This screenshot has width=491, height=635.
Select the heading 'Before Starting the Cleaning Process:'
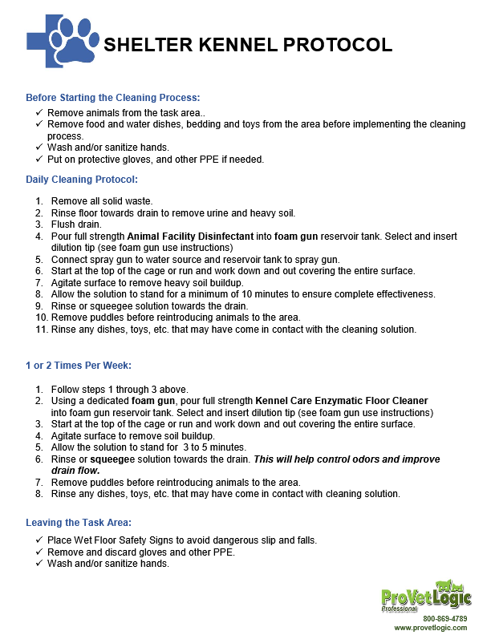click(112, 97)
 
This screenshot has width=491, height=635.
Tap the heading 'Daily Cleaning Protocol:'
click(82, 180)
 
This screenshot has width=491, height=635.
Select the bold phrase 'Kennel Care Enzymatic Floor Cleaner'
click(342, 400)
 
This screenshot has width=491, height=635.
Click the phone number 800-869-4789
click(444, 619)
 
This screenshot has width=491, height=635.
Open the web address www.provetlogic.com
click(430, 628)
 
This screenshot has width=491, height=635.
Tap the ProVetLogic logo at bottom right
click(426, 596)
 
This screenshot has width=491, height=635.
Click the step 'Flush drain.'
click(75, 224)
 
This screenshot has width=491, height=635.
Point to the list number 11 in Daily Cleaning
click(40, 330)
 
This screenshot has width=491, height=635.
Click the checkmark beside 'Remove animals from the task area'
click(39, 113)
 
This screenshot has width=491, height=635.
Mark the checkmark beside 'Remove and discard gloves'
click(39, 552)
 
